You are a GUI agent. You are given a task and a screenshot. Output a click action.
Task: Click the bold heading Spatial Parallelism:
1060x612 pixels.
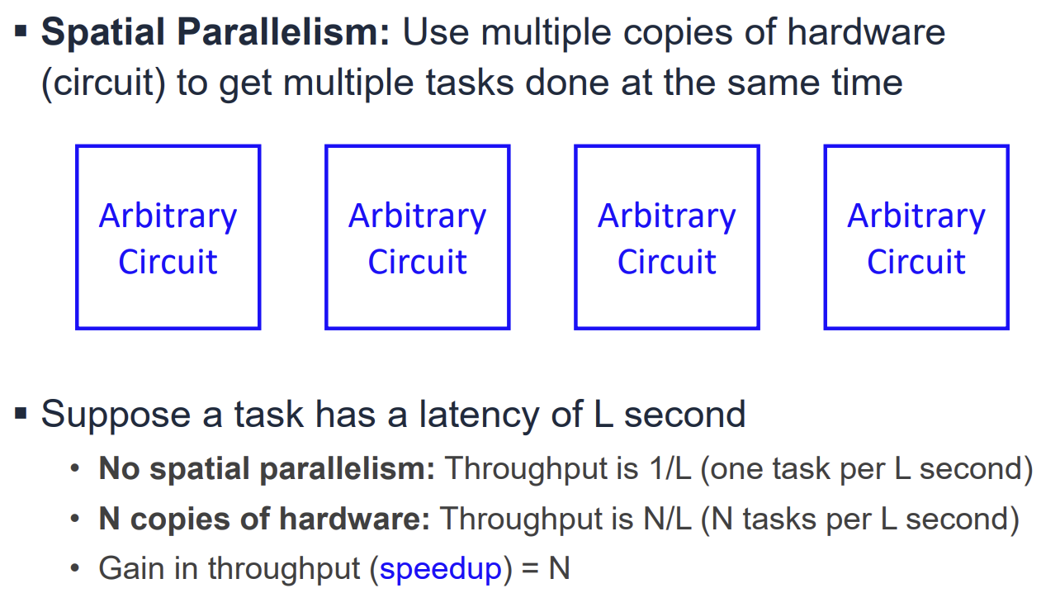215,33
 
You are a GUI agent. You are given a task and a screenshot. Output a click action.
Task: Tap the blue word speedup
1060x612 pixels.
441,569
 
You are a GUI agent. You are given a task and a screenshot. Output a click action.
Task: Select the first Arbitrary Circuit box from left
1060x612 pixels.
168,238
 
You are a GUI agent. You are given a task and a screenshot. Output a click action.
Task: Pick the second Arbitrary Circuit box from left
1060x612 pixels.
417,238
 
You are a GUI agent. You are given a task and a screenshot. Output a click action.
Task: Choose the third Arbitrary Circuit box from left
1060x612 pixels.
666,238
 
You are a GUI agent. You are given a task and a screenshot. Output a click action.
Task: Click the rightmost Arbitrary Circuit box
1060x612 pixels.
916,238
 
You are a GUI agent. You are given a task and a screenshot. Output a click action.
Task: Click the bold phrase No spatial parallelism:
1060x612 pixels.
267,469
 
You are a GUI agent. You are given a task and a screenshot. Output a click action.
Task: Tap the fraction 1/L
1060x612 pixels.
668,469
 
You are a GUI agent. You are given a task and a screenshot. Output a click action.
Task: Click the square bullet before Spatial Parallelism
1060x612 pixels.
21,32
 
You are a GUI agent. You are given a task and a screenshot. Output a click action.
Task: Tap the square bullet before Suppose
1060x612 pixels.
21,412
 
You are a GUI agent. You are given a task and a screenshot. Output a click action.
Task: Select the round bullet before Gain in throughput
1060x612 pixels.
77,569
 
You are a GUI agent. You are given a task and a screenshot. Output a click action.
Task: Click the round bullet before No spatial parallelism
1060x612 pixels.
77,469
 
